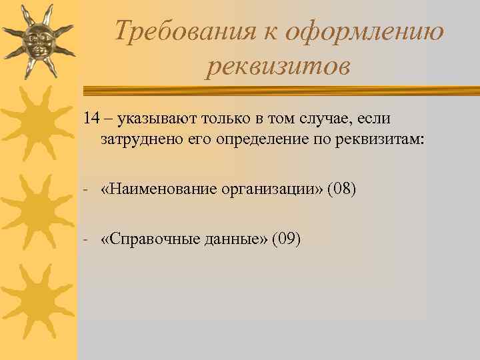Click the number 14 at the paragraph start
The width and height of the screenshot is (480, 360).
pos(92,119)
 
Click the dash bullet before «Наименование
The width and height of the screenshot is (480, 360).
pos(87,191)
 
